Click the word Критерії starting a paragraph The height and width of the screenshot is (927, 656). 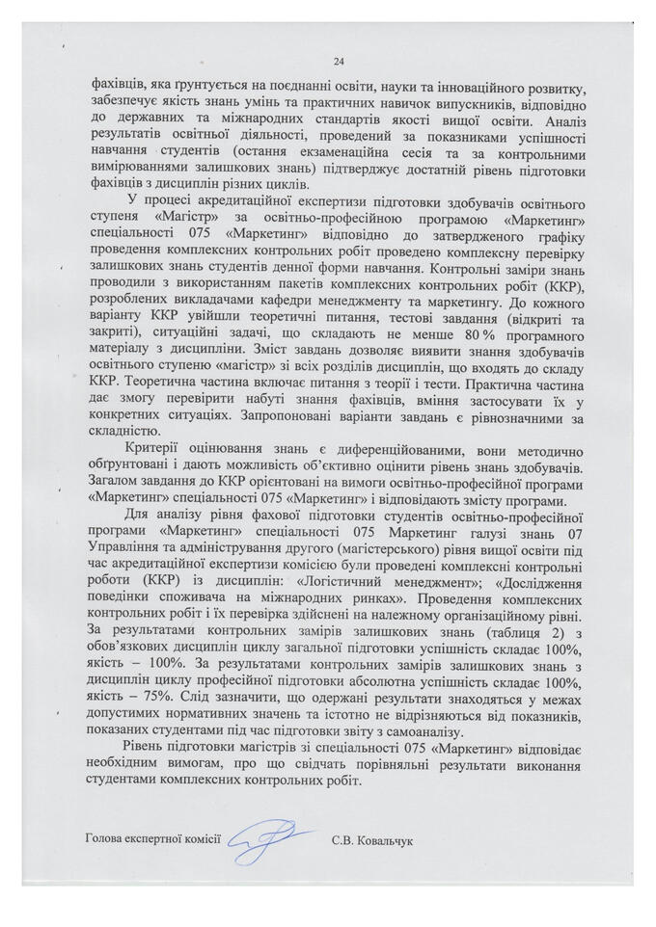[154, 451]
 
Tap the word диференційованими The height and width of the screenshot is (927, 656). [336, 451]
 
